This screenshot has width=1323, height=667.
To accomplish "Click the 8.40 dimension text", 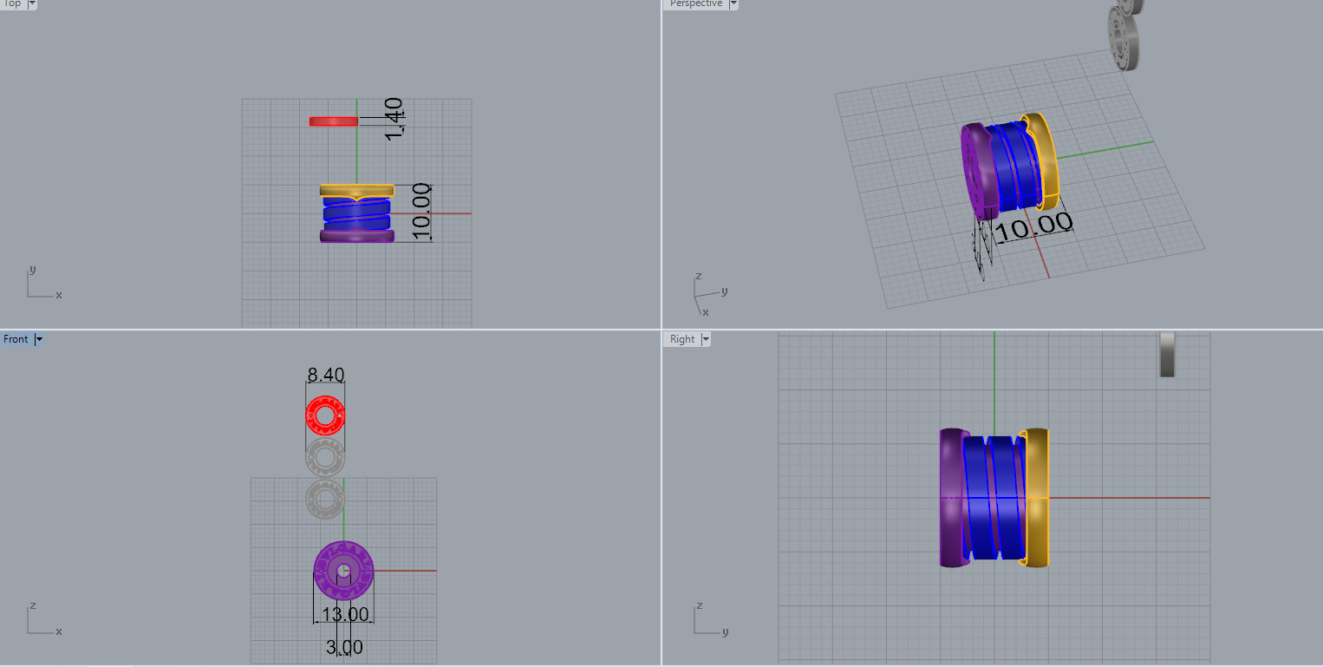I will [x=326, y=375].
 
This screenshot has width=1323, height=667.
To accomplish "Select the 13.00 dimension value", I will [x=345, y=615].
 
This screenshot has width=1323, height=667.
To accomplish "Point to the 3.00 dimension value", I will [x=344, y=647].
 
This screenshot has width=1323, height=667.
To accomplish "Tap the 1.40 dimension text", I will [x=394, y=120].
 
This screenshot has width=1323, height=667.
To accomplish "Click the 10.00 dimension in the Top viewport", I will [x=421, y=212].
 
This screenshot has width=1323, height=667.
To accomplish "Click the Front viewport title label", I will [x=16, y=339].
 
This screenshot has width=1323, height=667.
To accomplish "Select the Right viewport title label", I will [x=682, y=339].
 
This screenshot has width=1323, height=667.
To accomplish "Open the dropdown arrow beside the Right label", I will [x=706, y=339].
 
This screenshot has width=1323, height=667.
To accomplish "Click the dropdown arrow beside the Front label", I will [x=38, y=339].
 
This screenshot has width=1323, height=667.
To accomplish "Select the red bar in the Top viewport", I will [x=334, y=121].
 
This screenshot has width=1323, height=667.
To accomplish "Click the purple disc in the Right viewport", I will [x=951, y=498].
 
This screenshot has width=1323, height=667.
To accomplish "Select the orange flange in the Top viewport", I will [x=356, y=189].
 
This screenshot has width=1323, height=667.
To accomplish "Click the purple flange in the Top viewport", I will [x=356, y=235].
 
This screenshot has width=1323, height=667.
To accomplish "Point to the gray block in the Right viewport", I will [x=1167, y=354].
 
